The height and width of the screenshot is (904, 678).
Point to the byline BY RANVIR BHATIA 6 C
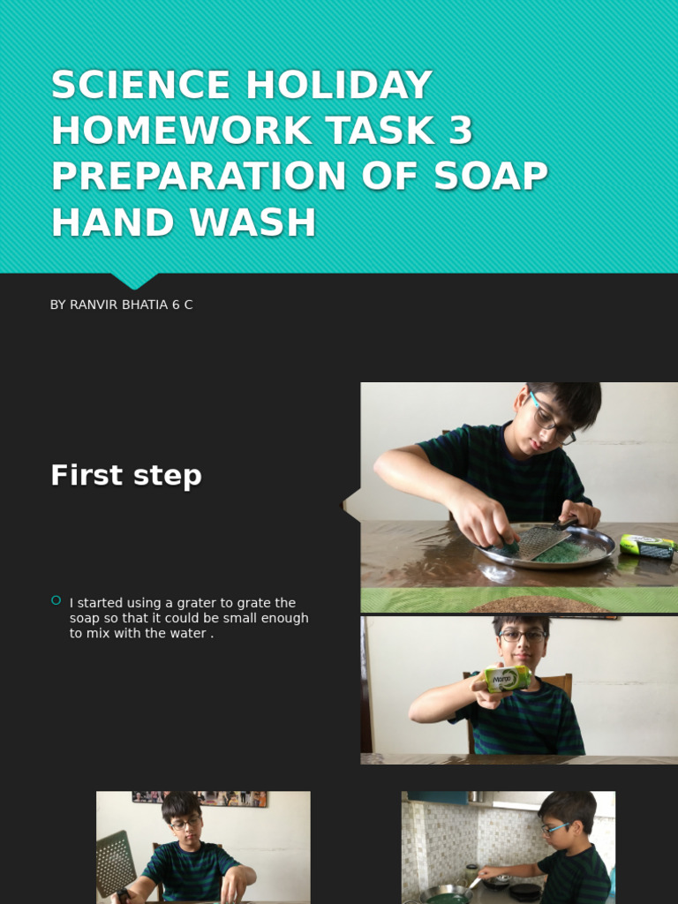[x=121, y=305]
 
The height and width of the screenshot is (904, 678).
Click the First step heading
[x=126, y=476]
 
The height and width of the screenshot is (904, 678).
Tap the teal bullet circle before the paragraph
[x=56, y=600]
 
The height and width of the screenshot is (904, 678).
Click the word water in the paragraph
[x=185, y=634]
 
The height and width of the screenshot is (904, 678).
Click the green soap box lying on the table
[x=646, y=546]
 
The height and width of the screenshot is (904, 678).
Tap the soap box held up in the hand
[x=507, y=679]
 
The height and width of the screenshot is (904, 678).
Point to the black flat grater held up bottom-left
[x=116, y=863]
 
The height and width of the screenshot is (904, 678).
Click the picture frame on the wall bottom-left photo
[x=199, y=798]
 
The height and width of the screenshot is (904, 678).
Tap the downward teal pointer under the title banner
[x=134, y=280]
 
